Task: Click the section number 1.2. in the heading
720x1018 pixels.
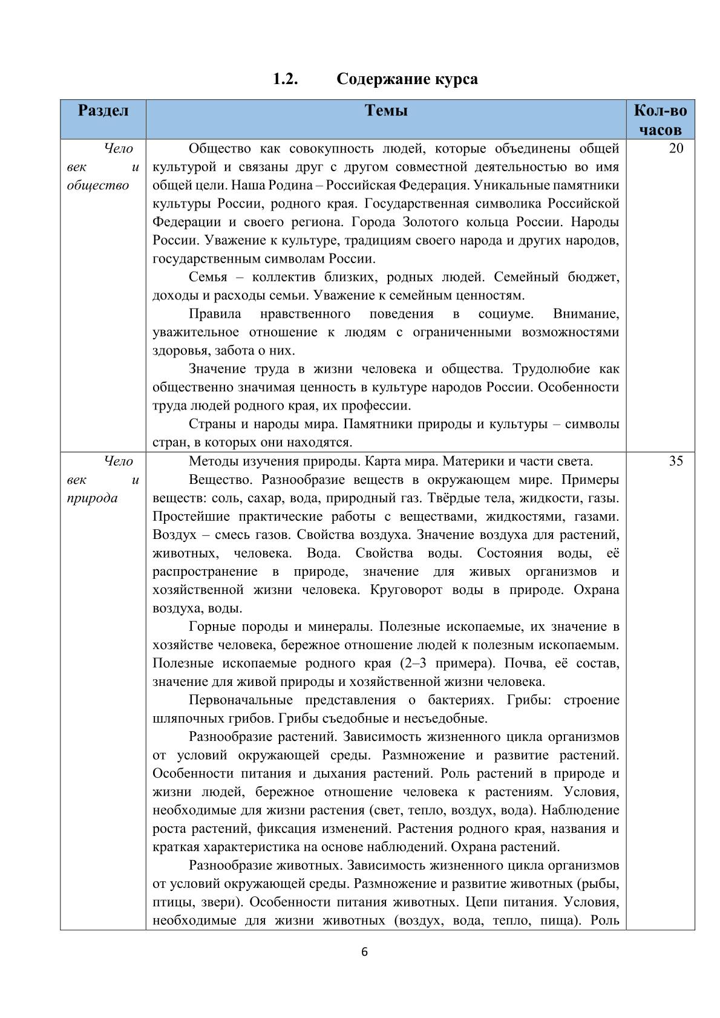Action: [284, 79]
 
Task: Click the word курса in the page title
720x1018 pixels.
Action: [455, 79]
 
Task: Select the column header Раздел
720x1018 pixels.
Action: [103, 111]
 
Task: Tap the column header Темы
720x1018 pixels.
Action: [386, 111]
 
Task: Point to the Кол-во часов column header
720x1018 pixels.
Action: [660, 120]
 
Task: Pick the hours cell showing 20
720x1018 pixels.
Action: [676, 149]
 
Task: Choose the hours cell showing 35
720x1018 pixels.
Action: [676, 462]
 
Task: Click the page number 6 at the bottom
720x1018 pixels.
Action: [364, 951]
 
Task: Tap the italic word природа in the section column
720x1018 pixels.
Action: [92, 498]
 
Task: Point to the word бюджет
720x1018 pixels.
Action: [593, 277]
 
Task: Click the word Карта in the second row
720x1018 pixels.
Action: [384, 462]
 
